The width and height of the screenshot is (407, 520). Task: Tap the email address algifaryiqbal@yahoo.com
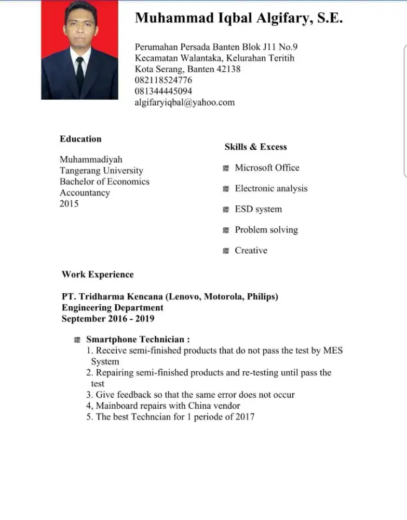tap(185, 102)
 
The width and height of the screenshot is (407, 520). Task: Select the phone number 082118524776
tap(164, 80)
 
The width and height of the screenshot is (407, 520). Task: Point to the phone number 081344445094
tap(164, 92)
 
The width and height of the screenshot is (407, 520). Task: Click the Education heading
tap(80, 139)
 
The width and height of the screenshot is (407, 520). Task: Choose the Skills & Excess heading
tap(255, 147)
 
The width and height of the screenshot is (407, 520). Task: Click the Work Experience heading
tap(98, 275)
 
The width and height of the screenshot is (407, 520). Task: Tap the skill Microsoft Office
tap(267, 167)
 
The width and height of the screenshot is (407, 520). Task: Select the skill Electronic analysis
tap(271, 188)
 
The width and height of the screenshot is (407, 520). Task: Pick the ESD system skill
tap(258, 209)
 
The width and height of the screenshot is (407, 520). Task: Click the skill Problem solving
tap(266, 230)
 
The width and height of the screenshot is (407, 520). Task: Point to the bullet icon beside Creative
tap(226, 251)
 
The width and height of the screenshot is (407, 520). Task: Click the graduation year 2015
tap(69, 204)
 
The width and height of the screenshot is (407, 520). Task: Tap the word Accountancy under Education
tap(85, 193)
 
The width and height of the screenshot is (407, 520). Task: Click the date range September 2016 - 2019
tap(108, 319)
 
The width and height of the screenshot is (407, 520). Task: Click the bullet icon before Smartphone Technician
tap(77, 340)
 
